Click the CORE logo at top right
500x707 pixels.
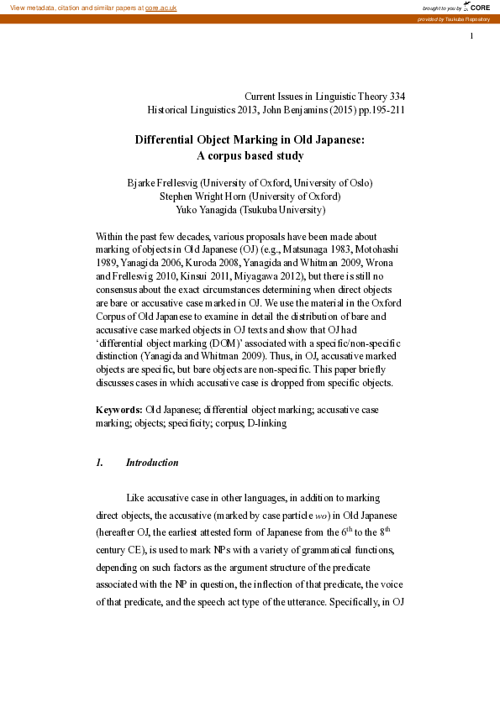coord(476,7)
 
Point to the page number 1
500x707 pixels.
coord(472,35)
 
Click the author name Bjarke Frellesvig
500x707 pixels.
coord(162,183)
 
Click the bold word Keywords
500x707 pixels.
coord(118,408)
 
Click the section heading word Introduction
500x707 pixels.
coord(152,463)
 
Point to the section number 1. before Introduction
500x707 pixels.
coord(99,463)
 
